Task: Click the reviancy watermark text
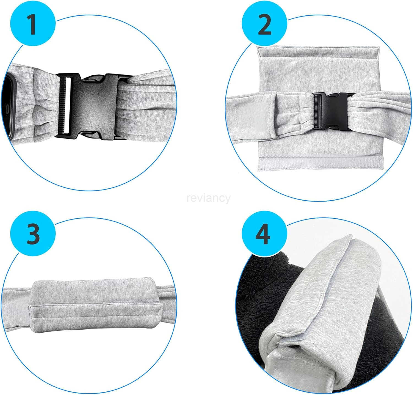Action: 208,198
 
